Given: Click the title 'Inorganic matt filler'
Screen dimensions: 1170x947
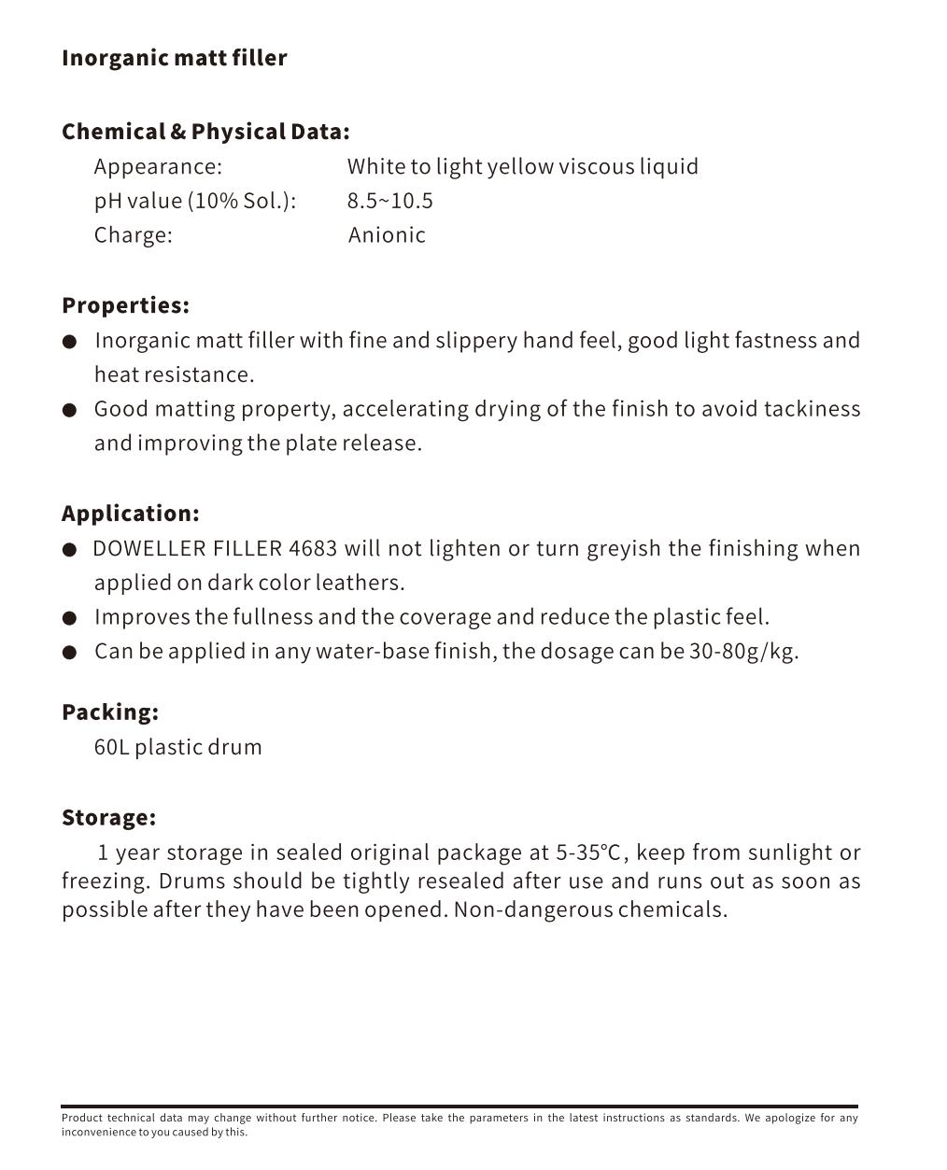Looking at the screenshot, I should point(174,58).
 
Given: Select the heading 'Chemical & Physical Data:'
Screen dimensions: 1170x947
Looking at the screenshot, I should point(205,132).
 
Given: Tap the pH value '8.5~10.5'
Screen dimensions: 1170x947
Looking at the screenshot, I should point(389,201).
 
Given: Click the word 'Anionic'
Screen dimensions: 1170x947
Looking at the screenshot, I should point(387,235).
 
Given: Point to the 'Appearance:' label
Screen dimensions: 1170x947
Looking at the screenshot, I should point(158,167).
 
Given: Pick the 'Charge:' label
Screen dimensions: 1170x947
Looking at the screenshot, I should point(133,235).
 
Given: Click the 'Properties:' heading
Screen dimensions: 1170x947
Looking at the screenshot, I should point(125,305).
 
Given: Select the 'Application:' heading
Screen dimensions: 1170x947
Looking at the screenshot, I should point(130,514).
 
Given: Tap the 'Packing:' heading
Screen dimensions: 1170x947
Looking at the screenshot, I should point(110,712).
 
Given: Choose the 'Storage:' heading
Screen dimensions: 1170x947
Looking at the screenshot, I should point(108,818).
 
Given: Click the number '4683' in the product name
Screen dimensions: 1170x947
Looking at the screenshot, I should point(313,548).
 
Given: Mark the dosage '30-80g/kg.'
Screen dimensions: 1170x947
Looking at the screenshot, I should point(743,651).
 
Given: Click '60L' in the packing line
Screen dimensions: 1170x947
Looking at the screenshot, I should point(111,747).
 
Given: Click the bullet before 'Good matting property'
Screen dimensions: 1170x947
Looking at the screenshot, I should point(69,410).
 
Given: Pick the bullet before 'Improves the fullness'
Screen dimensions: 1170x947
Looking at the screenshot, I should point(69,618).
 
